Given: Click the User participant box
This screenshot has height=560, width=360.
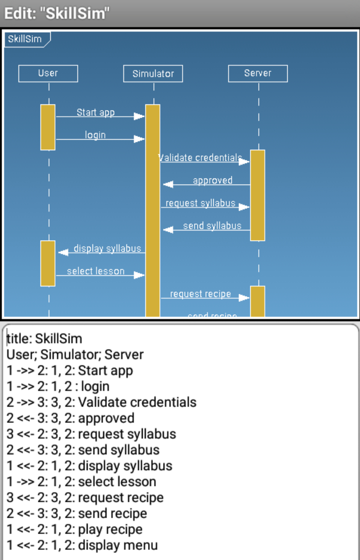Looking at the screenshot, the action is click(x=48, y=74).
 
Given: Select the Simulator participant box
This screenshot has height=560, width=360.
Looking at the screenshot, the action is click(x=153, y=74).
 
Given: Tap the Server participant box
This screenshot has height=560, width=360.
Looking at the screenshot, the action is click(x=258, y=74).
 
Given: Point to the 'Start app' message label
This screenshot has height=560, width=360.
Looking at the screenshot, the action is click(x=96, y=112).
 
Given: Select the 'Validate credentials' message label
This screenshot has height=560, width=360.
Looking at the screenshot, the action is click(x=200, y=158).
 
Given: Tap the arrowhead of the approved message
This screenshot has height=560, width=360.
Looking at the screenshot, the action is click(x=168, y=185).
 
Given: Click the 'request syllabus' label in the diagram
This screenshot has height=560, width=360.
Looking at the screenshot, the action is click(x=200, y=203).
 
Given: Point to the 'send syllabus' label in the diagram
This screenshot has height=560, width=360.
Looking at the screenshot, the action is click(x=212, y=226).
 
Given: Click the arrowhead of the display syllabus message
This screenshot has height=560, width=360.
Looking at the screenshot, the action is click(x=63, y=252).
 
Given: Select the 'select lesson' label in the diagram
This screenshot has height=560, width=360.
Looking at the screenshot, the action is click(x=96, y=271).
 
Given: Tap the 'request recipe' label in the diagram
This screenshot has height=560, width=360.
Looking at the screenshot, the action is click(x=200, y=294).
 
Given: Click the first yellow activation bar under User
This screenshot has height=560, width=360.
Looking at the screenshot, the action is click(x=48, y=127).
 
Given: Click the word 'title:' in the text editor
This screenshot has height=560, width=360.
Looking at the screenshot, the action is click(x=19, y=339).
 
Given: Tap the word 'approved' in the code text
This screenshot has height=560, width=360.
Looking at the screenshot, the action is click(x=107, y=419).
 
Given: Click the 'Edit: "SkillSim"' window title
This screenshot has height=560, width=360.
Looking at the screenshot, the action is click(x=57, y=13).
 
